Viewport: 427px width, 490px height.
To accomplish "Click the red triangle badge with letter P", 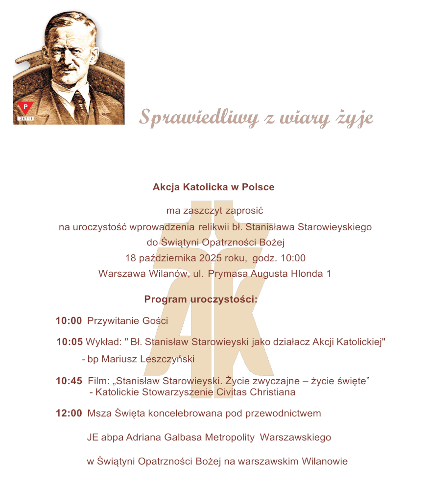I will coord(25,107).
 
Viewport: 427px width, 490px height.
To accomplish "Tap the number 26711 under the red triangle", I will coord(25,119).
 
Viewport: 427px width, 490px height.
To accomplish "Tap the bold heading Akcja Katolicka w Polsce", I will coord(213,187).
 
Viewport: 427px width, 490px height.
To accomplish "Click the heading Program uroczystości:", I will coord(201,299).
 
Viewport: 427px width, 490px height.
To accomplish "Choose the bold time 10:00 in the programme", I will coord(69,321).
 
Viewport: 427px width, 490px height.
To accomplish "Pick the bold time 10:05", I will coord(70,342).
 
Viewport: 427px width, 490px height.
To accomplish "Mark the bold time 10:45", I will coord(69,381).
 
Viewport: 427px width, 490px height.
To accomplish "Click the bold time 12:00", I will coord(69,413).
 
